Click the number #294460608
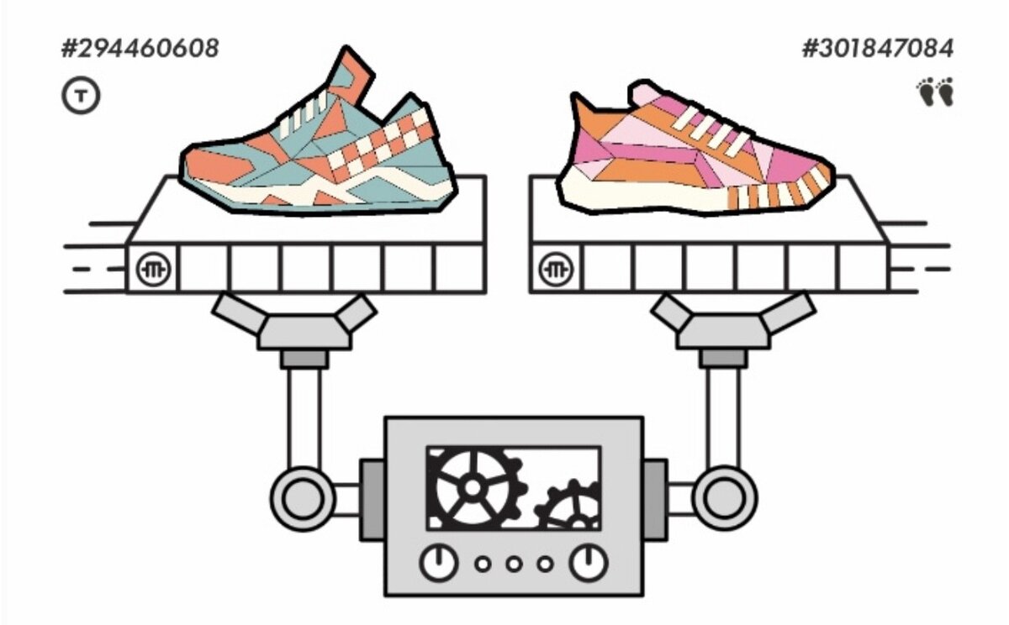tap(140, 49)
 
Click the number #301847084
tap(877, 49)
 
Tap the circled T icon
tap(81, 97)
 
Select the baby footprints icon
tap(935, 92)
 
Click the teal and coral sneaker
tap(320, 151)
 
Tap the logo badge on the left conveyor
tap(153, 269)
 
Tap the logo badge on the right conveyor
tap(556, 269)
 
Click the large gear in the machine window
tap(472, 487)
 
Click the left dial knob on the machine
tap(437, 563)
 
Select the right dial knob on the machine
tap(589, 563)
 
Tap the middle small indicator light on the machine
tap(514, 564)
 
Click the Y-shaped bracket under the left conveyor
tap(293, 323)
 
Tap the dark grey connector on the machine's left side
tap(372, 499)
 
